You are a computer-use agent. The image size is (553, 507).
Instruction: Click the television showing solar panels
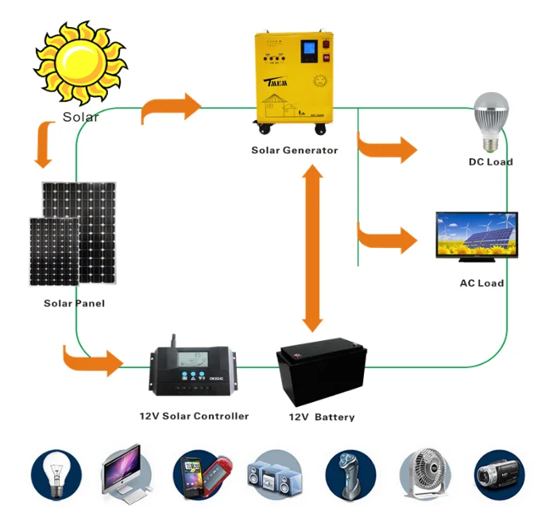pyautogui.click(x=477, y=237)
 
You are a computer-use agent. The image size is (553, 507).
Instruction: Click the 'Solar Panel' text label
pyautogui.click(x=74, y=304)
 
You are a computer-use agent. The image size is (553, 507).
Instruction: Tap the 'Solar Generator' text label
pyautogui.click(x=294, y=150)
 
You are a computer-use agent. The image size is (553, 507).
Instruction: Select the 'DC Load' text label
pyautogui.click(x=490, y=162)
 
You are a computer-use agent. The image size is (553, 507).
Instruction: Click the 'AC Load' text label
pyautogui.click(x=481, y=283)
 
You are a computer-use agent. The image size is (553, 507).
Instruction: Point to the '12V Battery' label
pyautogui.click(x=321, y=417)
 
